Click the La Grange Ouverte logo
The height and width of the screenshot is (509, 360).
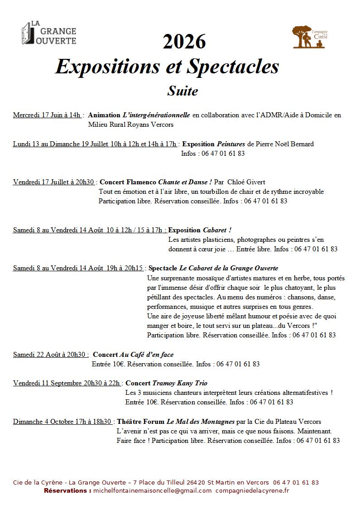[x=48, y=34]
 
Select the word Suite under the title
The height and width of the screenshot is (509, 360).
[x=182, y=91]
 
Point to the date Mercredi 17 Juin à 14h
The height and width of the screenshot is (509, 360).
[x=47, y=115]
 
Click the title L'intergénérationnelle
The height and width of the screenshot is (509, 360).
[x=157, y=115]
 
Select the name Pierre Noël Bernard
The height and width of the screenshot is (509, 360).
[x=285, y=144]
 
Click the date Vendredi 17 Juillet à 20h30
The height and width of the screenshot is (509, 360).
[x=53, y=182]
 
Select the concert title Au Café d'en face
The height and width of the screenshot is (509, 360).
[x=146, y=355]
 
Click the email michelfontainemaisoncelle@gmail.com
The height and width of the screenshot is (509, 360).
[x=152, y=490]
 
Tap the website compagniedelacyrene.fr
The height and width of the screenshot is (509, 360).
[x=252, y=490]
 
